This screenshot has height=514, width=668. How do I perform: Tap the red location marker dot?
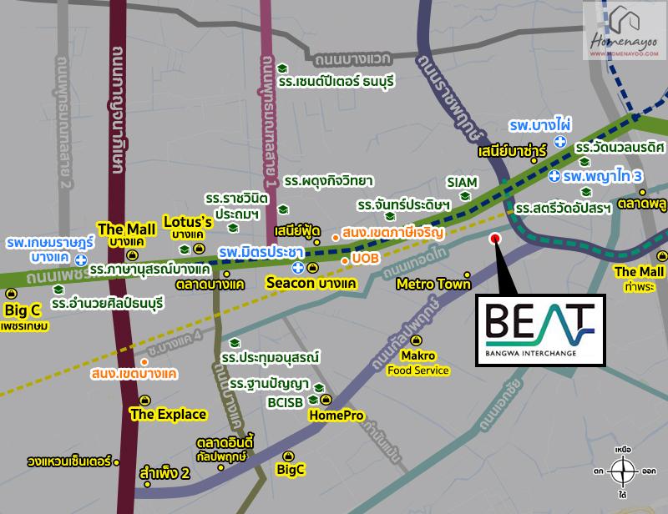[x=494, y=238]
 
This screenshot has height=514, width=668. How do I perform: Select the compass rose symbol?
[x=622, y=472]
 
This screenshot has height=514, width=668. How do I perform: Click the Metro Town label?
[x=434, y=284]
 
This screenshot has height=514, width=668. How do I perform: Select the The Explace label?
[x=168, y=413]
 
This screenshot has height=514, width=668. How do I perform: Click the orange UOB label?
[x=366, y=260]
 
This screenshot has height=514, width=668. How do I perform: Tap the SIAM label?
[x=462, y=181]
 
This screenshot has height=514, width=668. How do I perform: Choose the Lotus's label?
[x=188, y=223]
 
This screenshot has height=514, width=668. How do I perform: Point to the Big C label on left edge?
[x=23, y=311]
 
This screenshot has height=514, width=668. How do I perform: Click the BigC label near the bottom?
[x=290, y=469]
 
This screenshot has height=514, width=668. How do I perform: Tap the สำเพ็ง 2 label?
[x=166, y=474]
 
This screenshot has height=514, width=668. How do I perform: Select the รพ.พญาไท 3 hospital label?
[x=601, y=177]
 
